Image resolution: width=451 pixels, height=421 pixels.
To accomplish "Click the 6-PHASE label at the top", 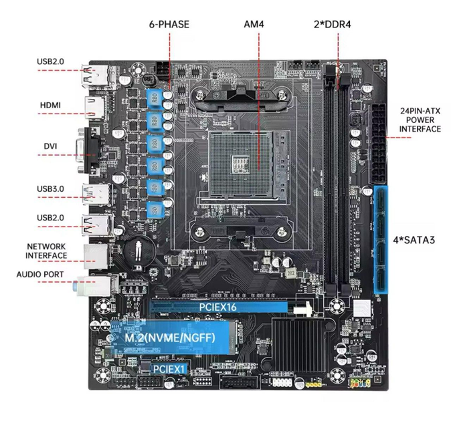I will tap(169, 25).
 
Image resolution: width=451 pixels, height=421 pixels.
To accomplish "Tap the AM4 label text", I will tap(254, 25).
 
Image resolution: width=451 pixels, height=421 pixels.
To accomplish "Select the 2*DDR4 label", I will tap(333, 25).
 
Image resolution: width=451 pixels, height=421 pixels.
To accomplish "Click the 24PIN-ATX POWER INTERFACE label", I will tap(420, 120).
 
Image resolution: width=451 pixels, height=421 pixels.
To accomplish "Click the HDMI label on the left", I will tap(50, 106).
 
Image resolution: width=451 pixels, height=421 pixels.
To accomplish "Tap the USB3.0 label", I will tap(50, 188).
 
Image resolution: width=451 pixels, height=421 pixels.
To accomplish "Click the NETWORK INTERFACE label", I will tap(46, 251).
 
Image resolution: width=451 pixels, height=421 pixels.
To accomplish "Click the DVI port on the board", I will tap(91, 146).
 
